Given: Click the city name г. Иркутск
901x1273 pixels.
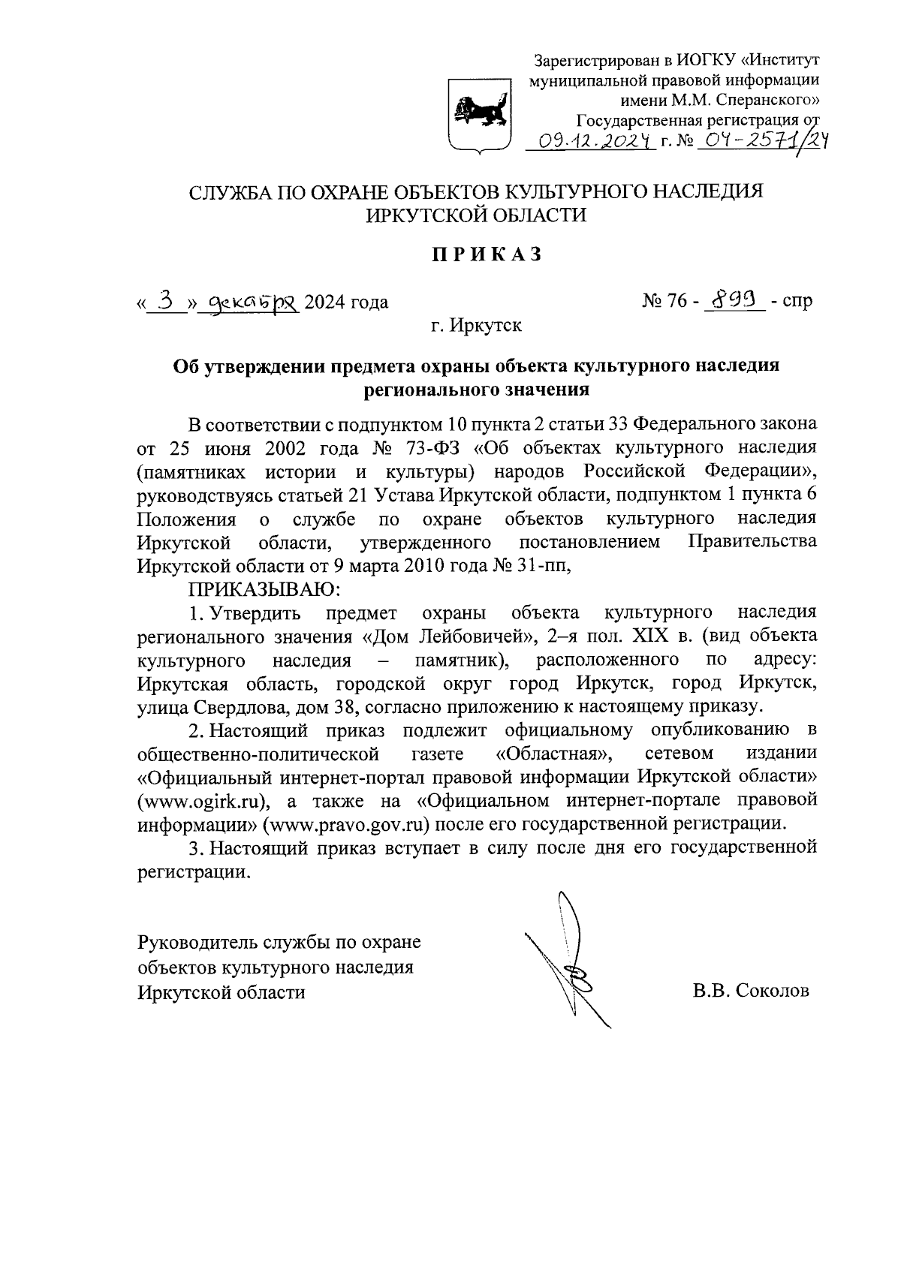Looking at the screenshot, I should tap(476, 326).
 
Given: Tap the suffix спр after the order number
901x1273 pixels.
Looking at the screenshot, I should tap(797, 302).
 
